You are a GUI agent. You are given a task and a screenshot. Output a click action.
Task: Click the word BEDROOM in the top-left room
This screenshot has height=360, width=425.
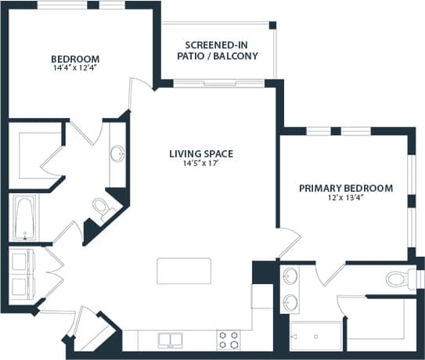[75, 59]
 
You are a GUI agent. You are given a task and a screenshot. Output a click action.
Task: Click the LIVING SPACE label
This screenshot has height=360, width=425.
[201, 153]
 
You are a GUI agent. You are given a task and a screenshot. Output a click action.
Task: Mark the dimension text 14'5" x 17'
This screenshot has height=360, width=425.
[201, 164]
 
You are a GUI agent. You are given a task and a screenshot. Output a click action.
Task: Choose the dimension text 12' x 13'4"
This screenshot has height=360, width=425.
[345, 198]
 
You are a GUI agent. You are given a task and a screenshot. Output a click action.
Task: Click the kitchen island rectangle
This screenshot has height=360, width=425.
[184, 271]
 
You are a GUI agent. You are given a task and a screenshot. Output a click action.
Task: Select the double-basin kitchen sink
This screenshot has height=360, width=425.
[171, 340]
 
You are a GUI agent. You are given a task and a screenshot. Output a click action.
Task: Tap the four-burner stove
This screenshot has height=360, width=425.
[229, 340]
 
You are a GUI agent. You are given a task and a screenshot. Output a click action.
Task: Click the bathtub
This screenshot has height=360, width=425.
[24, 218]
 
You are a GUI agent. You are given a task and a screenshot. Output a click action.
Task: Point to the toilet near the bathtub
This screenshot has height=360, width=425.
[102, 207]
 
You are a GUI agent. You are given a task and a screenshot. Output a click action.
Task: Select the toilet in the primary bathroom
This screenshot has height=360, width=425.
[399, 278]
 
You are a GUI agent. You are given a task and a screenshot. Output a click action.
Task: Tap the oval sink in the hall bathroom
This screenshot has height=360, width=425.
[117, 154]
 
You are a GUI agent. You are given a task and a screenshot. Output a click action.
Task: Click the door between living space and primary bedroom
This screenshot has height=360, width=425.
[287, 241]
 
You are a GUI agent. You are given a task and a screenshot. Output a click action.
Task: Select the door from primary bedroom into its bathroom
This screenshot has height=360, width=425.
[329, 274]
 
